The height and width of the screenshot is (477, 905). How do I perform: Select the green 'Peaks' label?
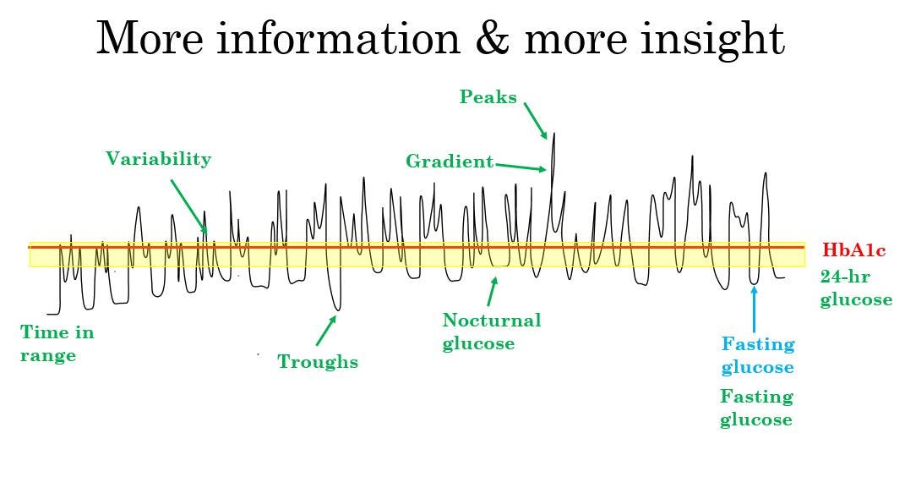coord(488,97)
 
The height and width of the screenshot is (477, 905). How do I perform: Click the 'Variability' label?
coord(158,159)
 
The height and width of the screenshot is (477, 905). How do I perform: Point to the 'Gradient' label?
coord(450,162)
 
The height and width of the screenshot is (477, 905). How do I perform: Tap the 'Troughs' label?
coord(318,363)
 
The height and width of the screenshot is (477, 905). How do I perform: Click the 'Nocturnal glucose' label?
coord(491,332)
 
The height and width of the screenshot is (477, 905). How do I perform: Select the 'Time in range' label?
coord(57,343)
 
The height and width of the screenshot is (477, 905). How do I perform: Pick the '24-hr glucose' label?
coord(855,288)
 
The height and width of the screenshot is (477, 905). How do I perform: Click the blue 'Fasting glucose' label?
coord(757,355)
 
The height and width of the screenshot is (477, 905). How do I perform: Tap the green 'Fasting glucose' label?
coord(756,408)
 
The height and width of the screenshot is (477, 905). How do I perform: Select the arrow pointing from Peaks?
coord(536,120)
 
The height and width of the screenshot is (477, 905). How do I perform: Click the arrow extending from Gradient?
coord(521,167)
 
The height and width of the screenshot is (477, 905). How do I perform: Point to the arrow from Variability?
coord(188,206)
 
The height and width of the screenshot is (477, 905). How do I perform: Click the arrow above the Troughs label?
coord(326,331)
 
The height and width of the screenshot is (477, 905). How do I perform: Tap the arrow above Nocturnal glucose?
coord(492,292)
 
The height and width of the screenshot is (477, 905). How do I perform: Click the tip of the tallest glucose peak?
coord(553,134)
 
